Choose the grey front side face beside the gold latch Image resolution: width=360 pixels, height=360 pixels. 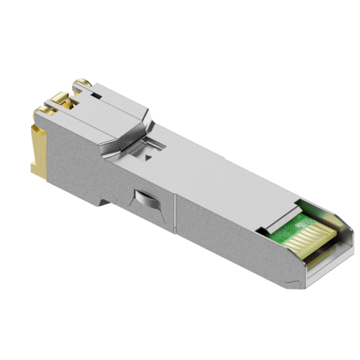coord(61,150)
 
